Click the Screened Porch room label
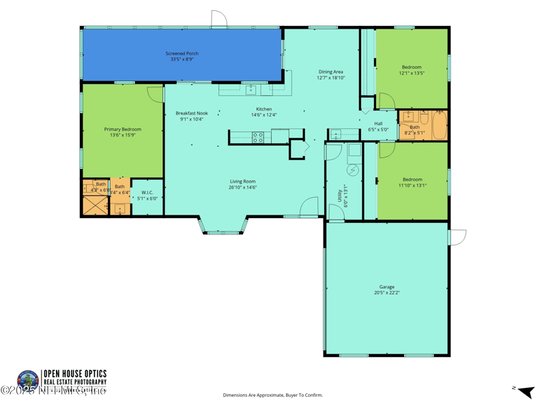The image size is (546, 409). [x=182, y=53]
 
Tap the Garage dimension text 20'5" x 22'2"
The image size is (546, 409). [x=386, y=292]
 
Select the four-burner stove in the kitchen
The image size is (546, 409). [x=259, y=137]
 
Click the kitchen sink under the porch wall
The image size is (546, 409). [x=250, y=89]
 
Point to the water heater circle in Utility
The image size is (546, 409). [x=354, y=170]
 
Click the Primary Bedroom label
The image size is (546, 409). [x=122, y=129]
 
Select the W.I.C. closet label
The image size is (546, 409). [x=147, y=193]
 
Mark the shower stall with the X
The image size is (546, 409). [x=95, y=205]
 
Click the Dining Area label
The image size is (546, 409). [x=330, y=72]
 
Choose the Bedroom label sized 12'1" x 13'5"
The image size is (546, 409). [x=412, y=67]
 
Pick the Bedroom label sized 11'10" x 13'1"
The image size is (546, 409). [x=412, y=179]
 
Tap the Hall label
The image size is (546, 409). [x=378, y=123]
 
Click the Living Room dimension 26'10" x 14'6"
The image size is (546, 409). [x=242, y=187]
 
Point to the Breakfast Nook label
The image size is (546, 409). [x=191, y=113]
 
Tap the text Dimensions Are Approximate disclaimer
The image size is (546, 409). [x=272, y=395]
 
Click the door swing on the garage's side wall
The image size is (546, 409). [x=458, y=237]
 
